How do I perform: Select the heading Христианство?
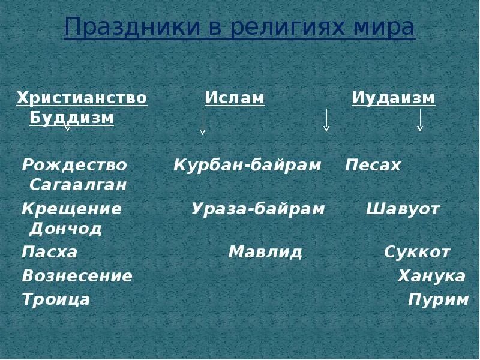tap(82, 98)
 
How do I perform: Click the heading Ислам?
tap(235, 98)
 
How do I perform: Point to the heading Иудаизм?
tap(393, 98)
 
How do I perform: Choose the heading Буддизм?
tap(71, 118)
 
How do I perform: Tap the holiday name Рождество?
tap(74, 165)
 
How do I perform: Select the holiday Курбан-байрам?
tap(247, 165)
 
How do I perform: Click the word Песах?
tap(373, 165)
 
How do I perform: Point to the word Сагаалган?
tap(78, 185)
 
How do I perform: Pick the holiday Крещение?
tap(71, 209)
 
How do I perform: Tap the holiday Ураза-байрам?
tap(258, 209)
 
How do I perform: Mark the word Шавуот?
tap(403, 209)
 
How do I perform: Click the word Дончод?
tap(65, 229)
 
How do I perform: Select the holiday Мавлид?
tap(265, 252)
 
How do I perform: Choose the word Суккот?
tap(417, 252)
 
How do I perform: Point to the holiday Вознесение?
tap(77, 276)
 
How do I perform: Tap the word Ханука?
tap(431, 276)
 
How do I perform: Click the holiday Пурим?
tap(438, 299)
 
